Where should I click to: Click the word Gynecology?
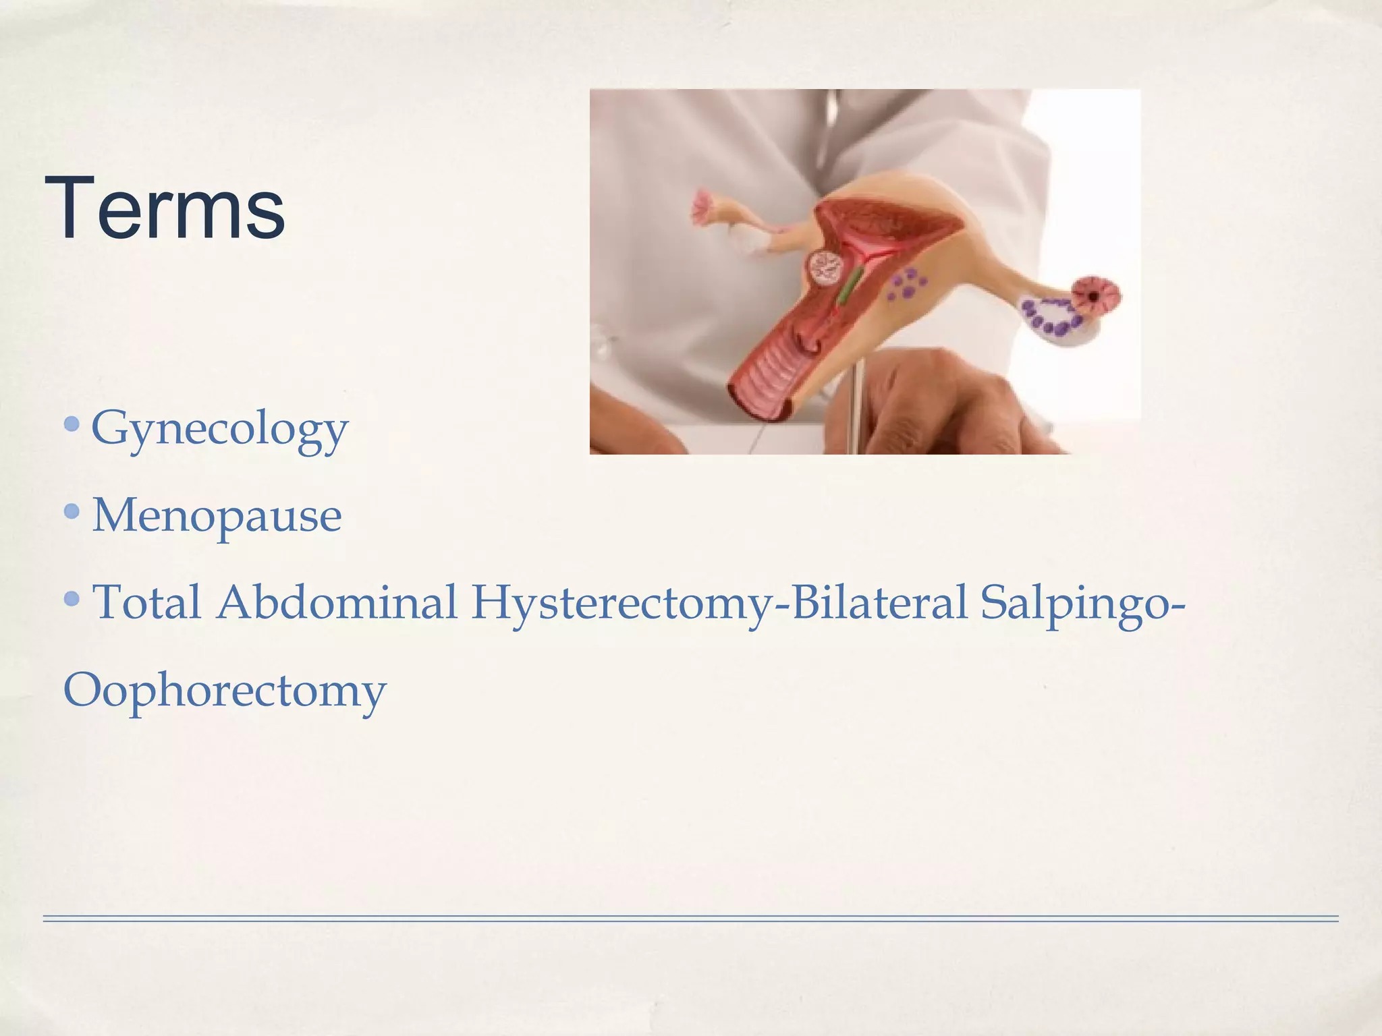[x=219, y=430]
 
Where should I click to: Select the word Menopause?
[x=217, y=516]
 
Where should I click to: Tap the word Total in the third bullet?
[x=146, y=602]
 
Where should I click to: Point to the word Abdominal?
[x=337, y=602]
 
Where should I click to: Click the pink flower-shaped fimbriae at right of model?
[x=1097, y=297]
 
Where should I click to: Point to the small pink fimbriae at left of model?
[x=706, y=206]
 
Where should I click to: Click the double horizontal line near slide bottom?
[x=690, y=918]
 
